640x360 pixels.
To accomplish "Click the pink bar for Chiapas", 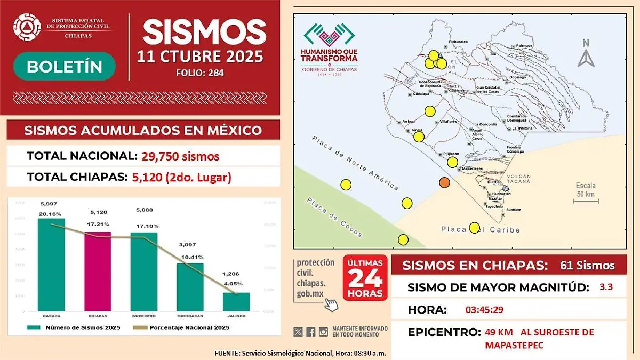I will point(98,271).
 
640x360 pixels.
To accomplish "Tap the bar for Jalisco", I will point(236,301).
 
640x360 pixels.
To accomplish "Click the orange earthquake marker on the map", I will point(444,183).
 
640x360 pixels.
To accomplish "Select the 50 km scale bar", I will point(586,201).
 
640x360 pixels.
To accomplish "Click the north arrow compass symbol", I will point(586,54).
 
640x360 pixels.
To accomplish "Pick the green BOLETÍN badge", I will point(64,66).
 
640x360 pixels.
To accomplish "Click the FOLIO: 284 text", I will point(199,73).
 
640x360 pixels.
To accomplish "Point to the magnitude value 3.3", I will point(606,287).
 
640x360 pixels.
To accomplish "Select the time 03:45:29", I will point(484,309).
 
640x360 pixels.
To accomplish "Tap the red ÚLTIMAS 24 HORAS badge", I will point(365,278).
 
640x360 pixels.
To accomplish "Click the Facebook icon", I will point(311,332).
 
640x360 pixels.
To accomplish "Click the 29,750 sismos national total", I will point(180,156).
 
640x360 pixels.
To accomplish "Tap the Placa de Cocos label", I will point(334,217).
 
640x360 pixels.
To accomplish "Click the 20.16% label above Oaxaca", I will point(51,214).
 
